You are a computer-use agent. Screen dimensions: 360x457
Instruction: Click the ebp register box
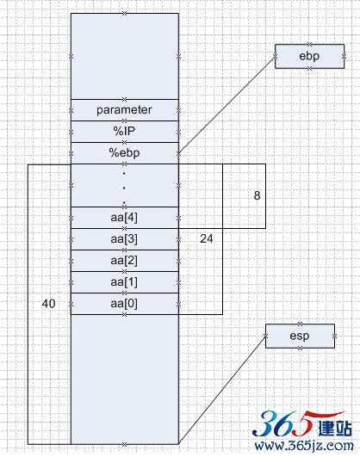309,56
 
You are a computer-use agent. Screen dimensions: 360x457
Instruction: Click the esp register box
300,336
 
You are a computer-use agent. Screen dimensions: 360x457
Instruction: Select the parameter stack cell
125,110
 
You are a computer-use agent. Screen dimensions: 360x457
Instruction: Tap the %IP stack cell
125,132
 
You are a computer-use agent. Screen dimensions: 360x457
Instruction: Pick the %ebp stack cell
125,153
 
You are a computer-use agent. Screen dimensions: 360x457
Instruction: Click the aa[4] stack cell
125,218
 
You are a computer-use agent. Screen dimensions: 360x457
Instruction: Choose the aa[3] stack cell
125,239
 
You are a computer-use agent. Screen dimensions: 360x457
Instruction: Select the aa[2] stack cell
125,261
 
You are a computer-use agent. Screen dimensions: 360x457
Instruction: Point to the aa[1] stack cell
125,282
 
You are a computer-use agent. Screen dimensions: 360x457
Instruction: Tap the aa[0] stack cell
125,304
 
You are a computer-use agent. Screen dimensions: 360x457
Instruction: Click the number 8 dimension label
257,195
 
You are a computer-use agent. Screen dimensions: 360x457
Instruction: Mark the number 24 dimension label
207,238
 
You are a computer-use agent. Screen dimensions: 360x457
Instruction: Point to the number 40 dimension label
48,304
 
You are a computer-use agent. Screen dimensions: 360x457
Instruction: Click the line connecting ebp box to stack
227,105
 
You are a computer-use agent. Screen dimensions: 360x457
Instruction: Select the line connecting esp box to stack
222,390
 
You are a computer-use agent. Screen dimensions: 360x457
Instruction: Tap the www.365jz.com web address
304,446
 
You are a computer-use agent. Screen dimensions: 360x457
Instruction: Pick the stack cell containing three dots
125,186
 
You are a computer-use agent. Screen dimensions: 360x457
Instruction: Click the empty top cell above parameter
125,56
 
